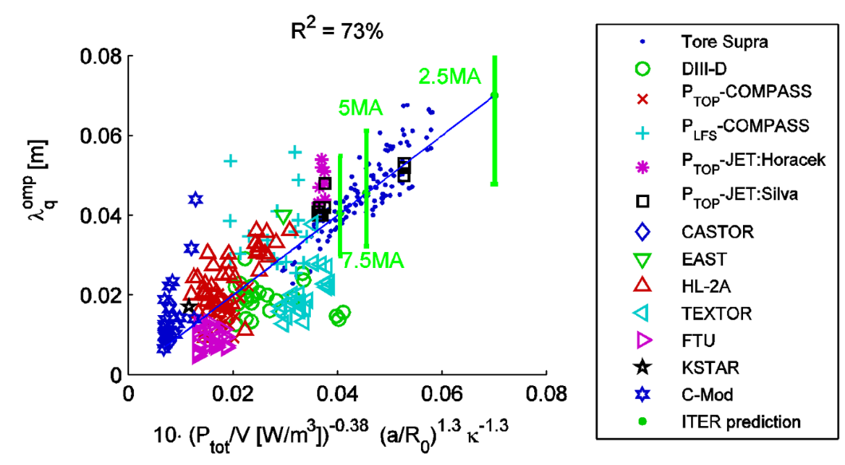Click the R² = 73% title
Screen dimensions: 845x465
pos(337,31)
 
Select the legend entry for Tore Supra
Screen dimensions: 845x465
pos(725,41)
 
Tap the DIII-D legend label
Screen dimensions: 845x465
pos(704,69)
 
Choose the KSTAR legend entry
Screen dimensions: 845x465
pos(710,368)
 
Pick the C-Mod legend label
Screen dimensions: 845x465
pos(707,394)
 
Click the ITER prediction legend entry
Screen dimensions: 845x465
pos(741,421)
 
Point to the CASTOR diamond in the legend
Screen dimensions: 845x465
pos(643,232)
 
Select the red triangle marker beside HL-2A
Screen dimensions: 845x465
pos(643,286)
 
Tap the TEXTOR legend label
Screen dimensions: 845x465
pos(716,313)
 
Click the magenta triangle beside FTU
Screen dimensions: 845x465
pos(643,341)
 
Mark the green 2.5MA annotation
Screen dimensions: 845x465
pos(450,77)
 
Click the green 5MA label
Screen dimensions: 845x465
pos(360,108)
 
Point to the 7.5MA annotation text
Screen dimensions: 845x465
pos(373,261)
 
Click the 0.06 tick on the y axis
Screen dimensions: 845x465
pos(100,136)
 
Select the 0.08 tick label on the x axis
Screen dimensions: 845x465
pos(546,394)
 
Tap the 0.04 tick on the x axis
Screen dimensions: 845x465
pos(337,394)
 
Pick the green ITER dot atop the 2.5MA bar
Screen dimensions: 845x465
pos(494,96)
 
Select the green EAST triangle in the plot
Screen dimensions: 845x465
pos(284,217)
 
